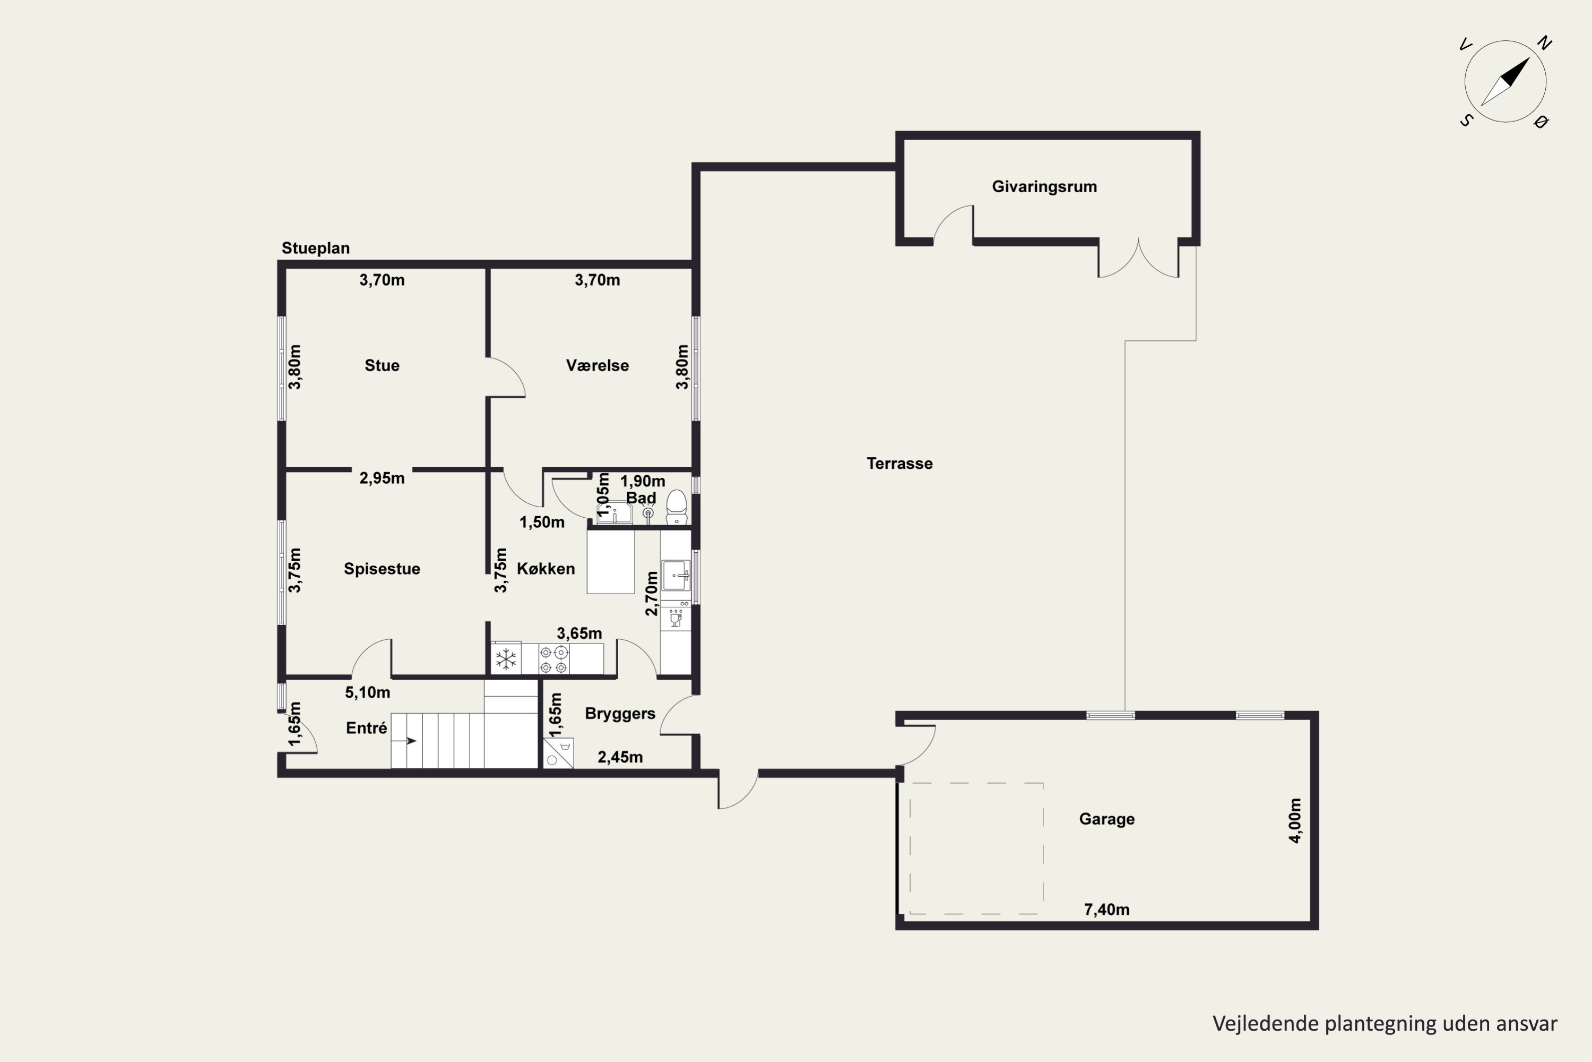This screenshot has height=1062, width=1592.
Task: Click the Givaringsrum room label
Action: (1044, 187)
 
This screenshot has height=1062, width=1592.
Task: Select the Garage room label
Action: (1106, 819)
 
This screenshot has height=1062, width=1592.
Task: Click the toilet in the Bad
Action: (676, 507)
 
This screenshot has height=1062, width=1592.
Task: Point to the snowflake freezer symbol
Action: (506, 659)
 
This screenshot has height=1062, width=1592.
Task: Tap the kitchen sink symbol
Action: (676, 576)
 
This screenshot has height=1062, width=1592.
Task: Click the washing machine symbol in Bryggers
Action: (558, 753)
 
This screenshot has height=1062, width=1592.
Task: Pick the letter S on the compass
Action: (1466, 121)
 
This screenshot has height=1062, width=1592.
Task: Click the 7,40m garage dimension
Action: (1106, 910)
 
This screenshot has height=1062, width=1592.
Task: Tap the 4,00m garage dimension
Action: (1295, 820)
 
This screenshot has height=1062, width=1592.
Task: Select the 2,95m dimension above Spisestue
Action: (382, 478)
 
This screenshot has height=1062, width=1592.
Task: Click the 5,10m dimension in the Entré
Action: (368, 692)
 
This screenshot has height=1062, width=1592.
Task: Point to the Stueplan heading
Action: (315, 249)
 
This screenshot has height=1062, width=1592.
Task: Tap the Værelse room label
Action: (597, 366)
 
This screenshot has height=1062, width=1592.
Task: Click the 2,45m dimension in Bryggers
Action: (620, 757)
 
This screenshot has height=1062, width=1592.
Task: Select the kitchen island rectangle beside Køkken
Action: (611, 562)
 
